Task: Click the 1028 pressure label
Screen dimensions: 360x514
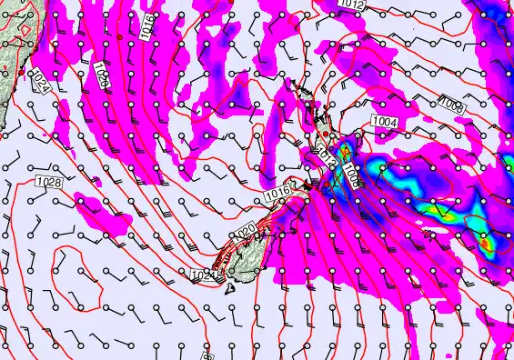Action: pos(49,183)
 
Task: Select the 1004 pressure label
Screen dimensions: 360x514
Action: pos(384,121)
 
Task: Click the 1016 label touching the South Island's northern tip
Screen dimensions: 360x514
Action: pos(278,194)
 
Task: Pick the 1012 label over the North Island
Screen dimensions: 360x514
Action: pos(328,160)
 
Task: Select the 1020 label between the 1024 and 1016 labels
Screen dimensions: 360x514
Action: pos(101,75)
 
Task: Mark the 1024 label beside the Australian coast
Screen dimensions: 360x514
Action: pos(39,83)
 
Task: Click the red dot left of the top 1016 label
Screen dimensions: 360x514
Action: pos(119,37)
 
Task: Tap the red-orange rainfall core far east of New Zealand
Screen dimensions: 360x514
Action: pos(484,244)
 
